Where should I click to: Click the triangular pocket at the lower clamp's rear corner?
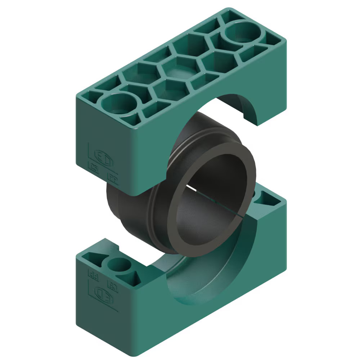(268, 198)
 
